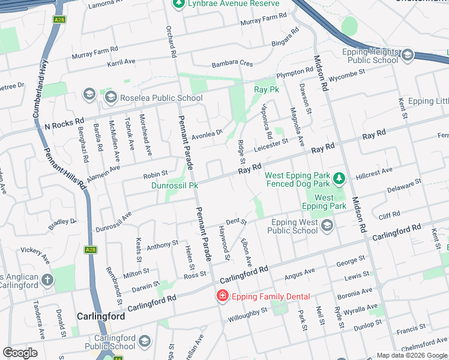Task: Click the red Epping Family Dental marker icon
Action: tap(222, 296)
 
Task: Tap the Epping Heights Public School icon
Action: tap(408, 56)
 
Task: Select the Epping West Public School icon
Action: tap(327, 226)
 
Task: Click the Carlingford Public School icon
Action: tap(144, 342)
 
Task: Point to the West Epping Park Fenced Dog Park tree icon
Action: tap(339, 179)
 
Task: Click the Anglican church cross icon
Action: tap(47, 280)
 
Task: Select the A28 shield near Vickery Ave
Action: tap(91, 250)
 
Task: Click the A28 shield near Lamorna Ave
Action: tap(59, 20)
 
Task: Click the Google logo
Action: tap(20, 353)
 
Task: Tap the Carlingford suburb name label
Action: tap(101, 316)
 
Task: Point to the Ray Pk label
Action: tap(267, 89)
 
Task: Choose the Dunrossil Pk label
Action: tap(175, 186)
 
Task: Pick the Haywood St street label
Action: tap(226, 247)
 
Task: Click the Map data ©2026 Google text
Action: tap(411, 355)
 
